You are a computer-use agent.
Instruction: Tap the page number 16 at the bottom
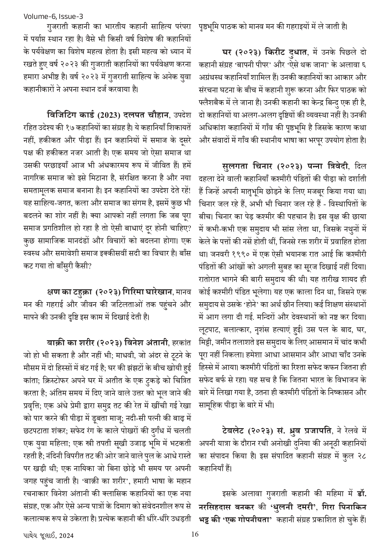[195, 534]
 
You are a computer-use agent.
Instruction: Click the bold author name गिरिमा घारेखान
[147, 292]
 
